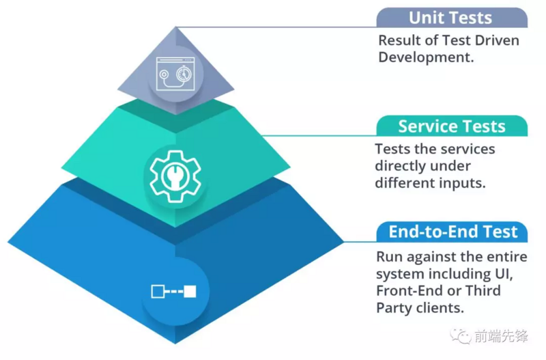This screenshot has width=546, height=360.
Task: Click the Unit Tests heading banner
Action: coord(451,17)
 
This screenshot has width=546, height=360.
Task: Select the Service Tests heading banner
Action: coord(451,126)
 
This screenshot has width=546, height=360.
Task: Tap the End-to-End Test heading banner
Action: coord(453,232)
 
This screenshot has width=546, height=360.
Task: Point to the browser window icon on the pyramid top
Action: coord(175,73)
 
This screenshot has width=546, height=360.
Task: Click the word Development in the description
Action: coord(425,57)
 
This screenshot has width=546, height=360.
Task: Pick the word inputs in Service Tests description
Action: coord(467,183)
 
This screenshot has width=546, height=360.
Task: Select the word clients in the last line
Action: coord(439,308)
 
